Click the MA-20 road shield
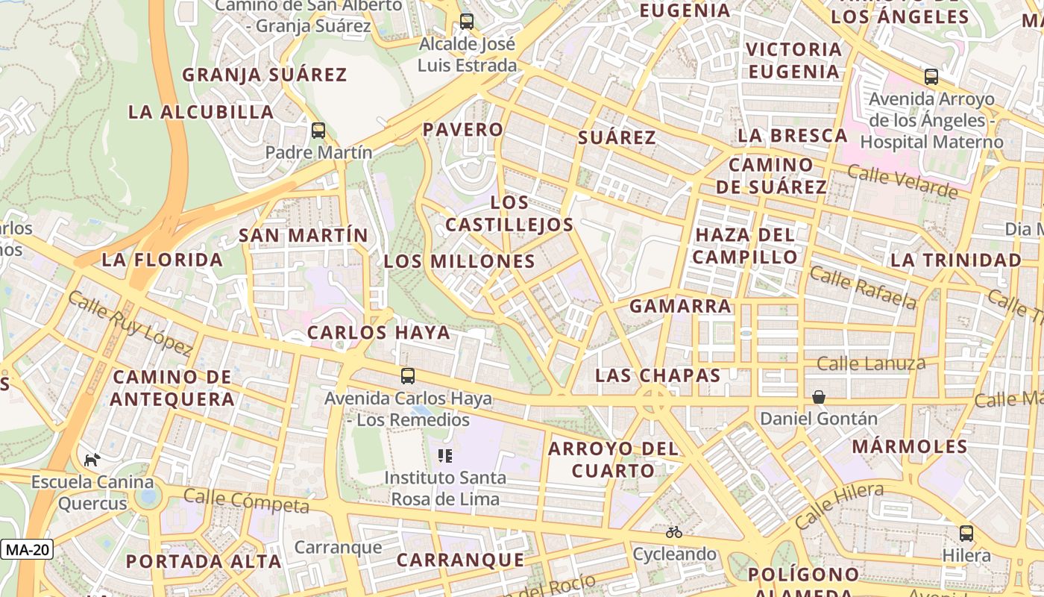pyautogui.click(x=27, y=550)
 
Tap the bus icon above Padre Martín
pyautogui.click(x=318, y=131)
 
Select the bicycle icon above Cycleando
pyautogui.click(x=674, y=532)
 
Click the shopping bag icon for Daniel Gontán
pyautogui.click(x=819, y=397)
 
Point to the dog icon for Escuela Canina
pyautogui.click(x=92, y=460)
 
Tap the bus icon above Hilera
pyautogui.click(x=966, y=534)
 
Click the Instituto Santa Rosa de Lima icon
pyautogui.click(x=445, y=455)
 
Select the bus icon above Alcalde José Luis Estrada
pyautogui.click(x=467, y=22)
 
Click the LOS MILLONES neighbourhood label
pyautogui.click(x=459, y=261)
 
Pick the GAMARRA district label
pyautogui.click(x=680, y=306)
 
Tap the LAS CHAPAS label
pyautogui.click(x=658, y=375)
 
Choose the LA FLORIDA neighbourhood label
pyautogui.click(x=163, y=260)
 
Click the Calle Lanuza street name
pyautogui.click(x=871, y=364)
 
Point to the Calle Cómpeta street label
pyautogui.click(x=246, y=501)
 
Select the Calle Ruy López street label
pyautogui.click(x=130, y=323)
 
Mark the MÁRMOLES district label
pyautogui.click(x=910, y=446)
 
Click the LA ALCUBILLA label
pyautogui.click(x=201, y=112)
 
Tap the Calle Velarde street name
pyautogui.click(x=902, y=182)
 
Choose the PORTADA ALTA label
pyautogui.click(x=204, y=561)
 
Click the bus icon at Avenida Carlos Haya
pyautogui.click(x=408, y=376)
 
